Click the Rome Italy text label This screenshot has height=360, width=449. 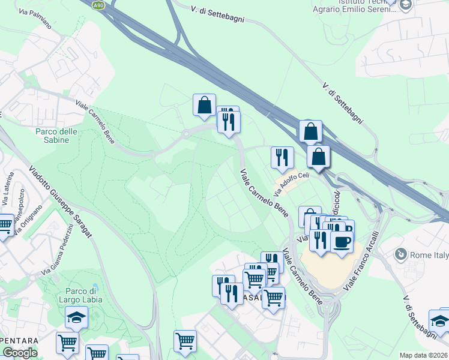click(x=429, y=255)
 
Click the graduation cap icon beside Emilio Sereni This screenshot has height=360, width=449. click(x=406, y=4)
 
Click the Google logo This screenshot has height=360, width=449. click(x=20, y=353)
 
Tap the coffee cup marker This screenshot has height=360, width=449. click(x=342, y=242)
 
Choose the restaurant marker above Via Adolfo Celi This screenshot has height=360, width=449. click(x=282, y=157)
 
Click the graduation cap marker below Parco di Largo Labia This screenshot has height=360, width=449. click(x=76, y=317)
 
